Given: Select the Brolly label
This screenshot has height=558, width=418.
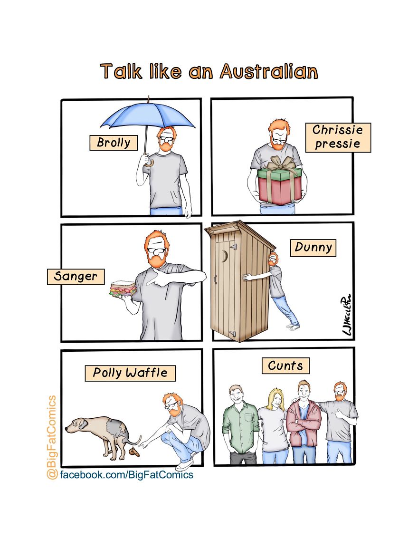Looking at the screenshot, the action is (x=114, y=143).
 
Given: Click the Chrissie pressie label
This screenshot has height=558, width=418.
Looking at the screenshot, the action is (x=338, y=137).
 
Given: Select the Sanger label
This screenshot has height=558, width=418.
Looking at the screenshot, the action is (x=76, y=277).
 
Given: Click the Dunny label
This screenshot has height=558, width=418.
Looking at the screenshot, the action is (x=313, y=248).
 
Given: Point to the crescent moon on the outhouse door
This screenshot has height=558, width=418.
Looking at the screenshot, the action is (x=225, y=256).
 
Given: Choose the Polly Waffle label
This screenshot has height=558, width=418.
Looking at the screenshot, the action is (x=130, y=373).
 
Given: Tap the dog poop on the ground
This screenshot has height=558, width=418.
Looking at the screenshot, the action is (x=134, y=452).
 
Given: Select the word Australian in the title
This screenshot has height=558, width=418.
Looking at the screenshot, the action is (x=269, y=71).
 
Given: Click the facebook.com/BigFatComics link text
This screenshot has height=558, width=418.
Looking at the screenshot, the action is (x=127, y=475).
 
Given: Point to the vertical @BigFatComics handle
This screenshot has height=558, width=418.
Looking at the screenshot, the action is (x=52, y=437).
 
